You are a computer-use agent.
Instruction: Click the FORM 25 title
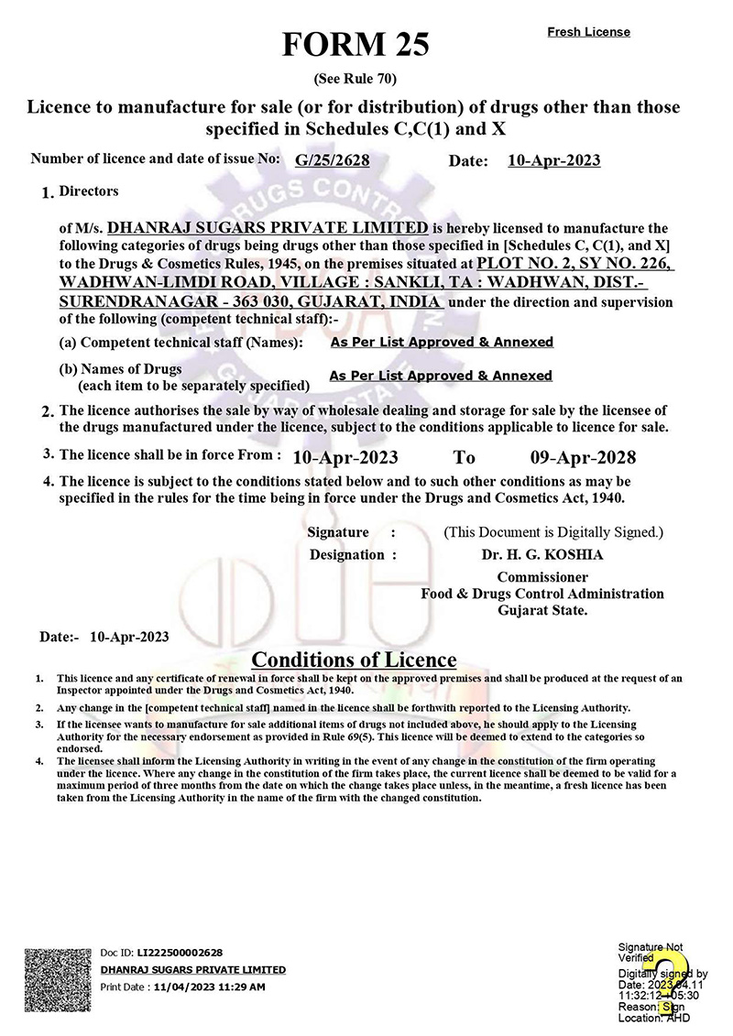coord(355,43)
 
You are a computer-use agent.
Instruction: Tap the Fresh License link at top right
coord(588,32)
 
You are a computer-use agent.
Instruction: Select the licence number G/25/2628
coord(332,161)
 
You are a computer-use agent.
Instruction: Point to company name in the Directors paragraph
coord(268,227)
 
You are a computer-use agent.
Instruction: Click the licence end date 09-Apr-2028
coord(583,457)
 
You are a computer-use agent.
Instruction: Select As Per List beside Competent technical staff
coord(441,342)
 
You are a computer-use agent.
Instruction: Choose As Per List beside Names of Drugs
coord(441,376)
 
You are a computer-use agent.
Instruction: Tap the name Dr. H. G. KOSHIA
coord(542,554)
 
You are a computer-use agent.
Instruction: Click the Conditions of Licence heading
coord(354,660)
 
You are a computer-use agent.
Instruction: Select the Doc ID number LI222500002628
coord(180,953)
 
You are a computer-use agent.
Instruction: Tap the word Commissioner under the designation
coord(542,577)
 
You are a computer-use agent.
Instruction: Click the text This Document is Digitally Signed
coord(553,532)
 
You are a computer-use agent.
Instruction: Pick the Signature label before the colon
coord(338,532)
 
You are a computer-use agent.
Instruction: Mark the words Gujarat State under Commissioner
coord(542,610)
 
